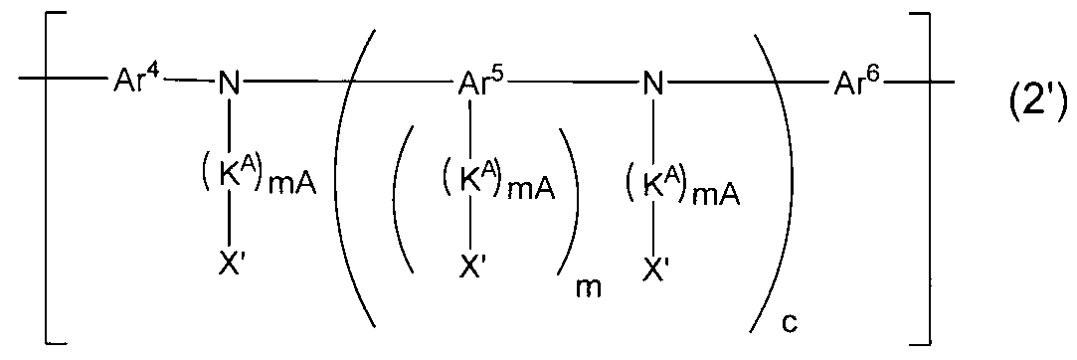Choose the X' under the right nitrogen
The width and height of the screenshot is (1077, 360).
coord(654,266)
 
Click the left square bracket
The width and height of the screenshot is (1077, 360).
coord(47,179)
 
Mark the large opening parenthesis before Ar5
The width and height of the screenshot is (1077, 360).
coord(353,179)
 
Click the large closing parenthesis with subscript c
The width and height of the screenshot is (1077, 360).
coord(766,179)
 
